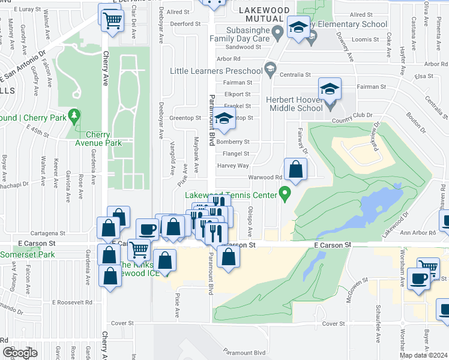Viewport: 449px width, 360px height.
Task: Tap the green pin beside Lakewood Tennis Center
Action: click(285, 194)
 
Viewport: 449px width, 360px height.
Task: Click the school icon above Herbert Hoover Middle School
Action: click(329, 89)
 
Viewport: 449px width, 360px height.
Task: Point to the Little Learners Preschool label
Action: click(217, 71)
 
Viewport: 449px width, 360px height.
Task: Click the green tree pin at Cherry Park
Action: click(74, 114)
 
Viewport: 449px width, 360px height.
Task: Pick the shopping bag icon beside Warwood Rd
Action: click(295, 170)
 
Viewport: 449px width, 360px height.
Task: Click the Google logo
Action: click(20, 352)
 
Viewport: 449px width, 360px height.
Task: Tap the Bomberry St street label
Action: click(234, 142)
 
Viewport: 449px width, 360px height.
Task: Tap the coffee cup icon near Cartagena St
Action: click(148, 229)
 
